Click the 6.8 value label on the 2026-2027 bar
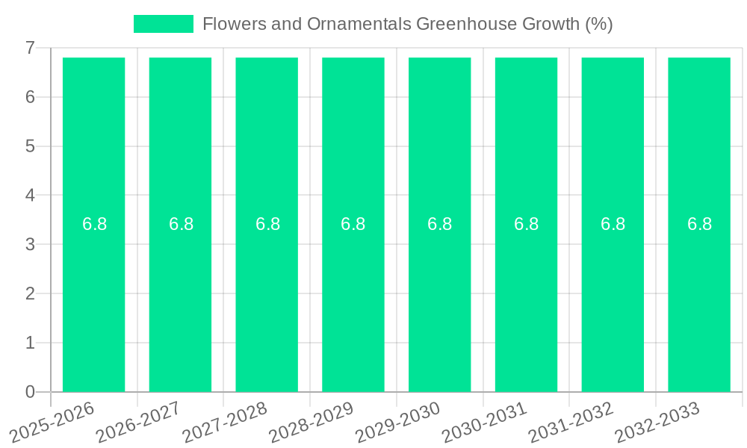pyautogui.click(x=181, y=224)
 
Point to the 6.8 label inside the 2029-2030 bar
pyautogui.click(x=439, y=224)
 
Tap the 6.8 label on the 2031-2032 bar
pyautogui.click(x=613, y=224)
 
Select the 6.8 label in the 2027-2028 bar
pyautogui.click(x=267, y=224)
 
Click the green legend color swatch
pyautogui.click(x=163, y=24)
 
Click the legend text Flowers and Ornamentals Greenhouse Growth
pyautogui.click(x=407, y=24)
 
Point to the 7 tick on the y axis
pyautogui.click(x=30, y=48)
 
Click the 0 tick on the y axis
pyautogui.click(x=30, y=392)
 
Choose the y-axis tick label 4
pyautogui.click(x=30, y=196)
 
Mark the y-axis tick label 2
pyautogui.click(x=30, y=293)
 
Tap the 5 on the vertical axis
pyautogui.click(x=30, y=146)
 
